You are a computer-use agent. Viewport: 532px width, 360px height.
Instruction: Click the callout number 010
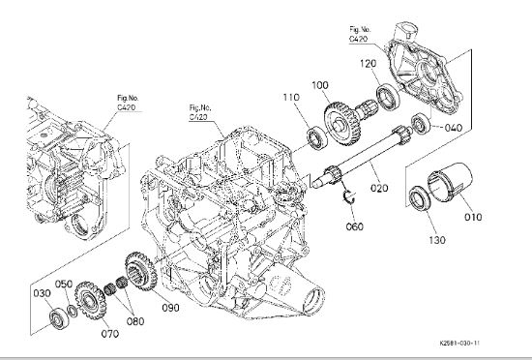[473, 217]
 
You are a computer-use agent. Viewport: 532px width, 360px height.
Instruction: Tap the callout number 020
[379, 188]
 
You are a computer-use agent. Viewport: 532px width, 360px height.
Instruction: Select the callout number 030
[42, 293]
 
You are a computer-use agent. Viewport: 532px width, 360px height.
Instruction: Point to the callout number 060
[355, 226]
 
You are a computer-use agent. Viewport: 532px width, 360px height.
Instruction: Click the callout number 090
[170, 308]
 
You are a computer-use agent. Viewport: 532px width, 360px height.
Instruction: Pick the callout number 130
[436, 240]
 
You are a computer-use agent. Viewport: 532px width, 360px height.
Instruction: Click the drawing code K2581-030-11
[459, 343]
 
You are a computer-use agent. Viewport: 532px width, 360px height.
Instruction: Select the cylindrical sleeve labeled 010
[450, 182]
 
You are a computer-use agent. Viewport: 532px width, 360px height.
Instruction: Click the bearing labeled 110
[317, 138]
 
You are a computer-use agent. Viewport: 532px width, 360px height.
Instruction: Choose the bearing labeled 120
[388, 98]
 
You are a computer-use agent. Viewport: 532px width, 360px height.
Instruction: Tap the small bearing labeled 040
[421, 124]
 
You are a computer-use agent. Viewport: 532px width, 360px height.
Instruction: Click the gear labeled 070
[89, 301]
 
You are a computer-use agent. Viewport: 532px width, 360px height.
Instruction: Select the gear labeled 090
[141, 272]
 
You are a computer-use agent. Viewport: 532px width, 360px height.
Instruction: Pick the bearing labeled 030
[59, 319]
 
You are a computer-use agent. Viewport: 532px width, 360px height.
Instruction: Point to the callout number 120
[369, 64]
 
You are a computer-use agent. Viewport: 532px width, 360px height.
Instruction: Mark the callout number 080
[135, 321]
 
